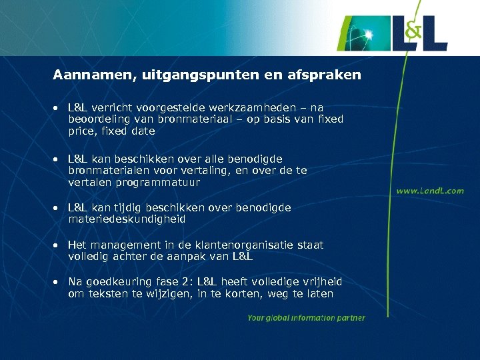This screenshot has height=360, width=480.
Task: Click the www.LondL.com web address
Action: click(x=430, y=191)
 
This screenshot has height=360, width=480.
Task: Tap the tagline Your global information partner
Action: click(x=306, y=318)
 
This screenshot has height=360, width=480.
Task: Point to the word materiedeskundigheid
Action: click(x=127, y=219)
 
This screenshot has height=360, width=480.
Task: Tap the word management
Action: click(x=119, y=245)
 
